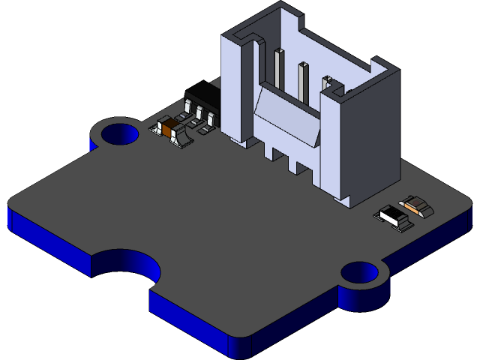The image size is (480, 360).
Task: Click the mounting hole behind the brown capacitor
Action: (x=116, y=135)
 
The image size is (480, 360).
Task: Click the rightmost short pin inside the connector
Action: (x=328, y=82)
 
